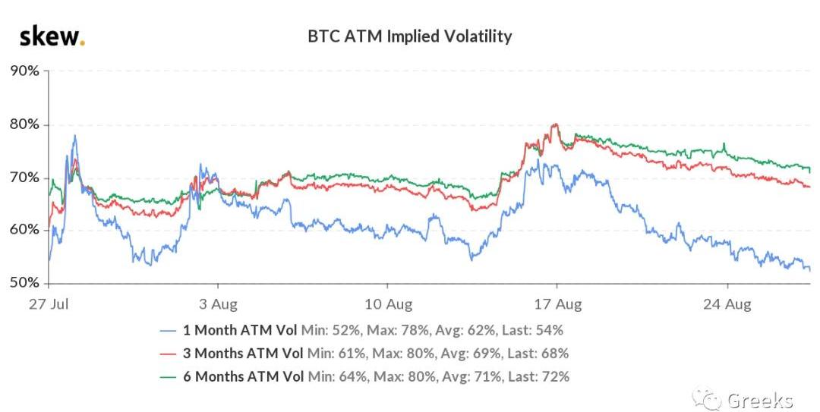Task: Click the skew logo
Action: coord(52,36)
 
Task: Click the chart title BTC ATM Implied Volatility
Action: coord(409,36)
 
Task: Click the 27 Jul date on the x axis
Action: coord(49,305)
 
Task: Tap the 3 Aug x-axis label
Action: coord(219,305)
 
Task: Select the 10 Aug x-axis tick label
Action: coord(388,305)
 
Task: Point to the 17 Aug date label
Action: coord(558,305)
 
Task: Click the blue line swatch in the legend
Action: coord(169,331)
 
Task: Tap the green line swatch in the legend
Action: coord(169,376)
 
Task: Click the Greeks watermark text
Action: coord(759,400)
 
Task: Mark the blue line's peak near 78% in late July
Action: coord(74,136)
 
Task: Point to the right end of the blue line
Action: coord(809,269)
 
